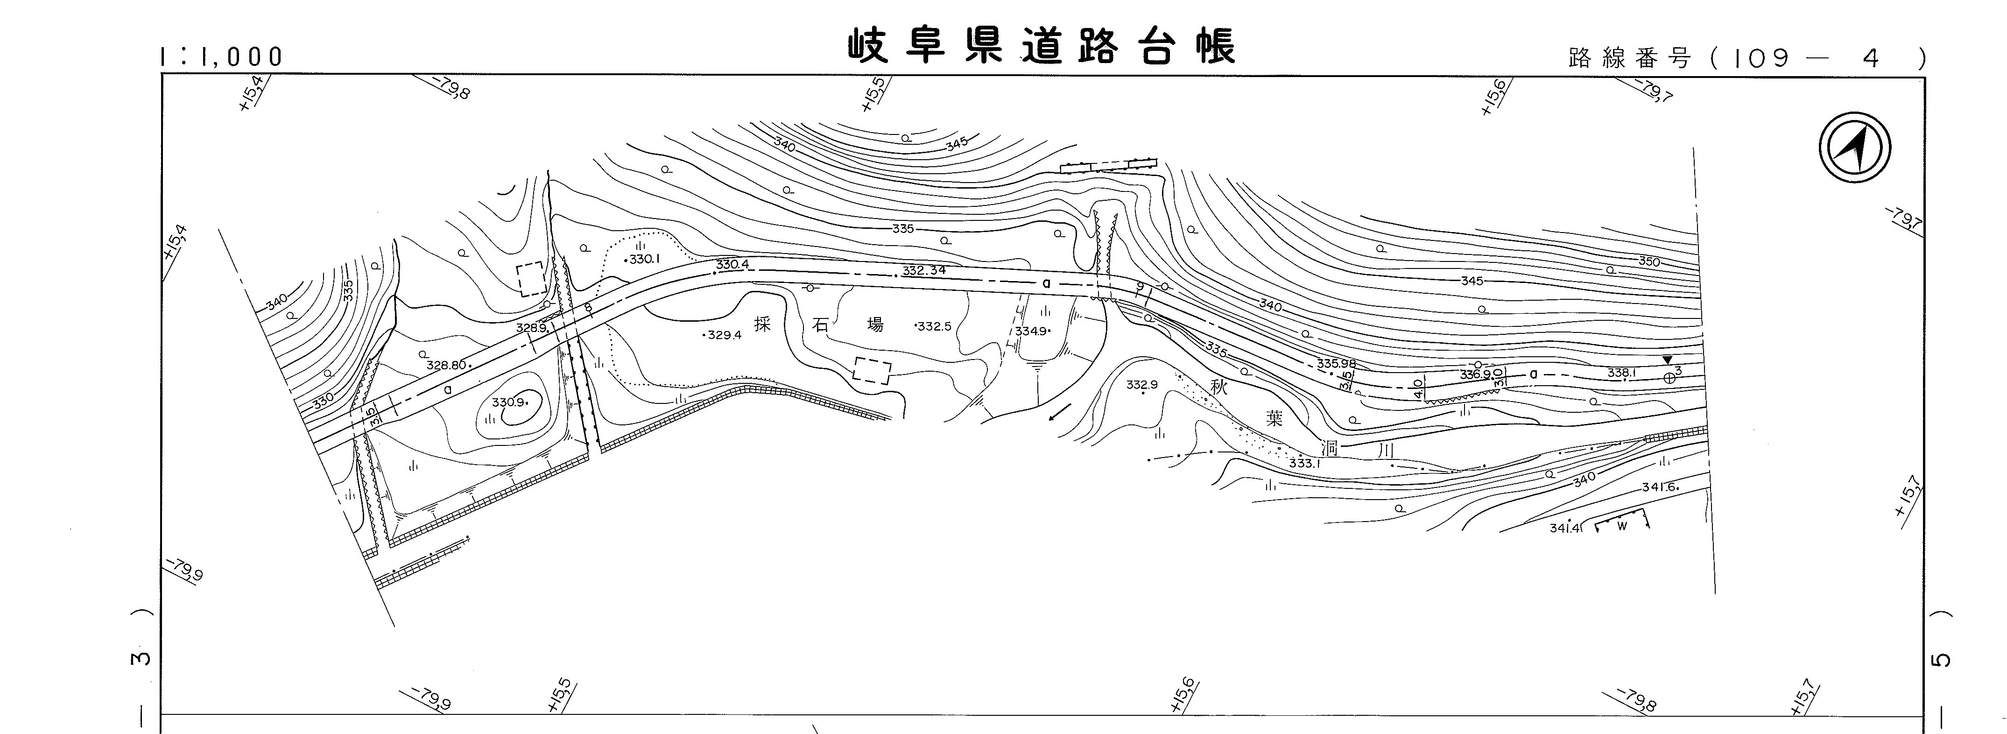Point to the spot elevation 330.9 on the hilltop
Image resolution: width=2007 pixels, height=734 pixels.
(509, 402)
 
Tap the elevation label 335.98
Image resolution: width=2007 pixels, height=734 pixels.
(1336, 363)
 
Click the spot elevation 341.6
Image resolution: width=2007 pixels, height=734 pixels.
(1660, 487)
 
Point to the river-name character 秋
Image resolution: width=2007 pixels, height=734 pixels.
(1218, 387)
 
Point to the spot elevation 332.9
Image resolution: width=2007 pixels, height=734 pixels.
(1142, 385)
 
